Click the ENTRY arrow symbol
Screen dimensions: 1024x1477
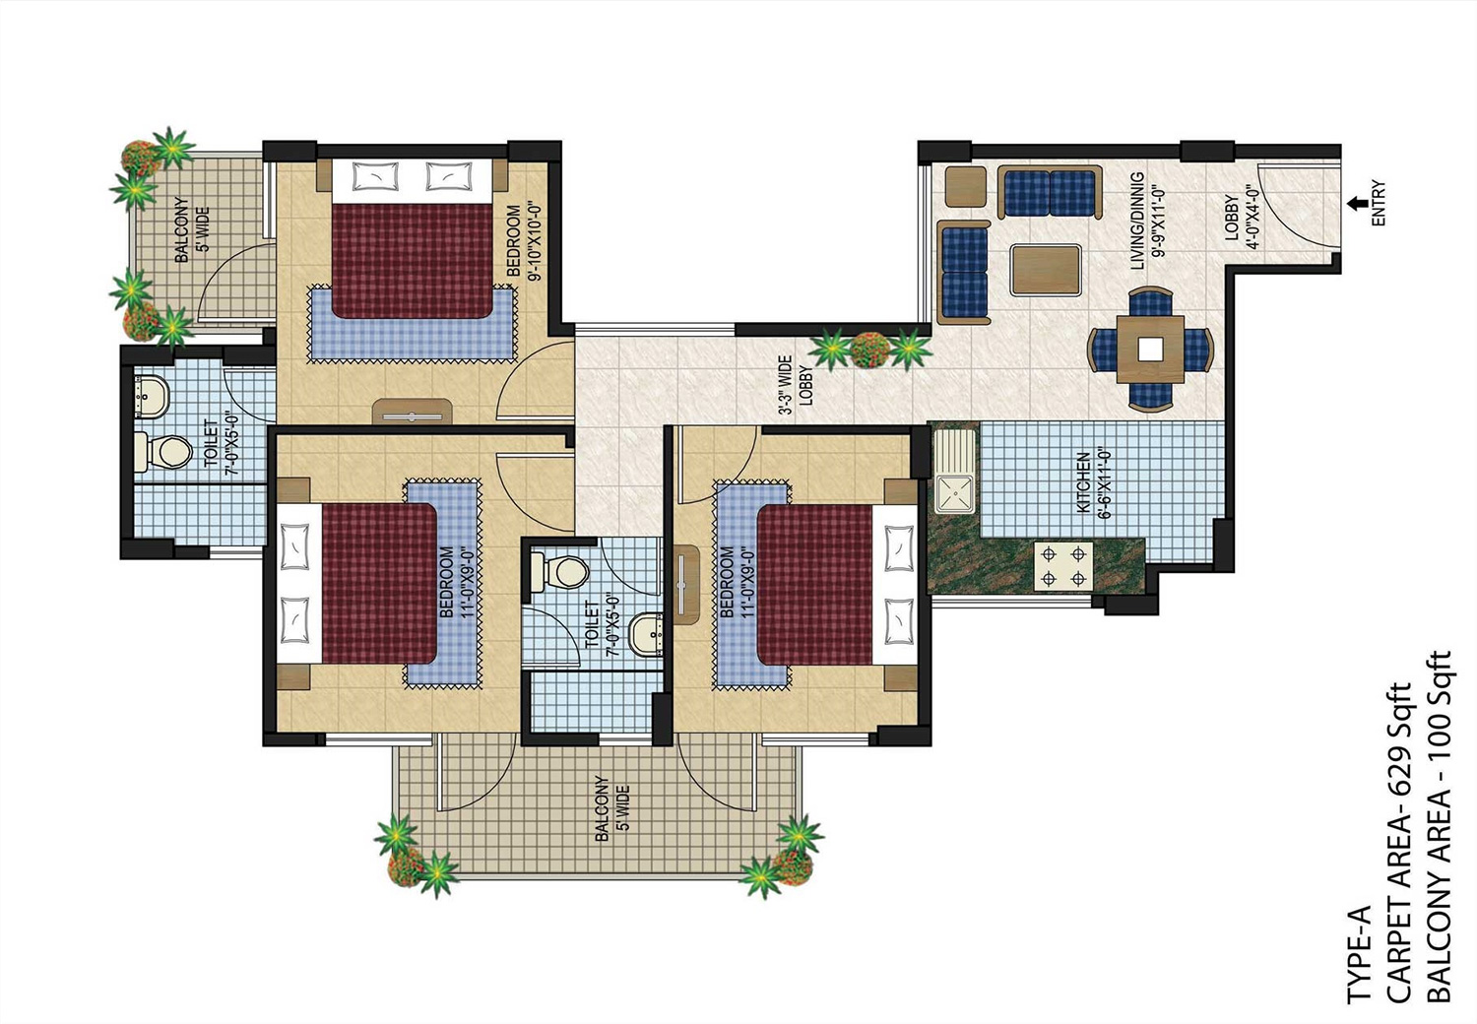click(x=1361, y=204)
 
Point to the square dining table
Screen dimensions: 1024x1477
click(x=1150, y=349)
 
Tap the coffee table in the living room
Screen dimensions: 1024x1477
click(x=1045, y=269)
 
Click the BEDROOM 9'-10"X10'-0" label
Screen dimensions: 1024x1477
click(x=522, y=242)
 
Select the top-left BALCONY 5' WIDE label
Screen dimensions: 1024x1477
click(x=192, y=232)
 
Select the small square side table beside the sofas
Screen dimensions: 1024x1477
click(x=965, y=186)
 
